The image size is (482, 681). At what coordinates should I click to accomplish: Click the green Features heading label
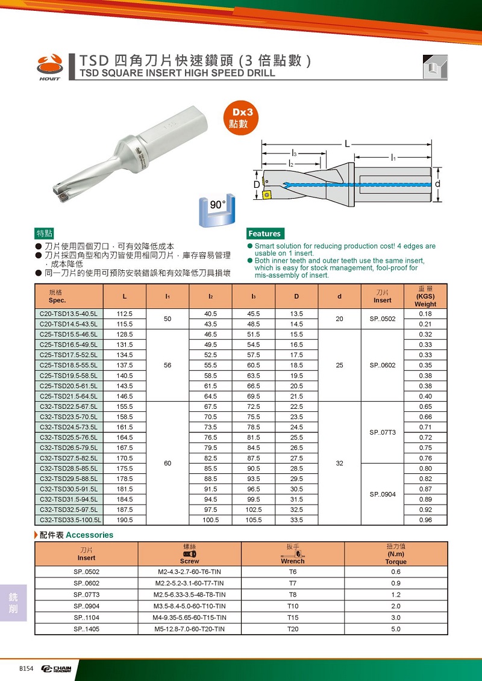(x=264, y=234)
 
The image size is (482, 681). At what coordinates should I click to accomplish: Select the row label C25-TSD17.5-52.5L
(x=69, y=355)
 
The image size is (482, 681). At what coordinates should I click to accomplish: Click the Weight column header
(x=425, y=296)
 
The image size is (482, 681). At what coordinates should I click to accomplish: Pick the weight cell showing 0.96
(x=425, y=520)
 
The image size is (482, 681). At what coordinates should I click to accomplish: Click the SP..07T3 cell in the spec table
(x=382, y=432)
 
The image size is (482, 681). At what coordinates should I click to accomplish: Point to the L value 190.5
(x=124, y=520)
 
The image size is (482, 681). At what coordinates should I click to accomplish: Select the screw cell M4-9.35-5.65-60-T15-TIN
(x=189, y=617)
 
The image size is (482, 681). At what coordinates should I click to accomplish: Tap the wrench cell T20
(x=293, y=629)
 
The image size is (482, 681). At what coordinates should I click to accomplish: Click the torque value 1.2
(x=395, y=594)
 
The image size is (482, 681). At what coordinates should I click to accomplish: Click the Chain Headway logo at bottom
(x=56, y=669)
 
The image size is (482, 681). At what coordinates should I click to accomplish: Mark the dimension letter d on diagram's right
(x=438, y=183)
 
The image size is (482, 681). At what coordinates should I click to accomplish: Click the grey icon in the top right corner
(x=433, y=67)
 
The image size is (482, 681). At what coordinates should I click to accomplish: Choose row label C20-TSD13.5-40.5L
(x=69, y=314)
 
